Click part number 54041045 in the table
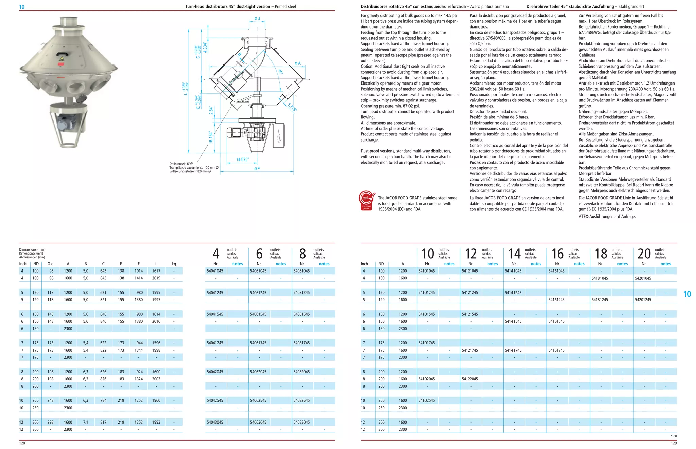pos(215,271)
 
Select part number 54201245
pos(643,300)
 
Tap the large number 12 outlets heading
pos(471,254)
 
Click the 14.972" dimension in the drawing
pos(242,160)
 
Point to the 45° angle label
pos(280,72)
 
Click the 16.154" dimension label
pos(211,137)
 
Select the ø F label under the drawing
pos(257,169)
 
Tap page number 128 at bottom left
pos(22,443)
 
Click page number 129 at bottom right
pos(674,443)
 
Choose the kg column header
pos(174,264)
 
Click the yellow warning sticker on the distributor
pos(62,59)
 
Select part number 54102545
pos(427,400)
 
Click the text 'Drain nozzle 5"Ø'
pos(181,164)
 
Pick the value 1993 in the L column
pos(156,422)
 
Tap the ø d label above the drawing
pos(257,19)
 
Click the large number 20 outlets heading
pos(644,254)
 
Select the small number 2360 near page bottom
pos(673,436)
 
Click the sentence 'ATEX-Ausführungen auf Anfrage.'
pos(607,217)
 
